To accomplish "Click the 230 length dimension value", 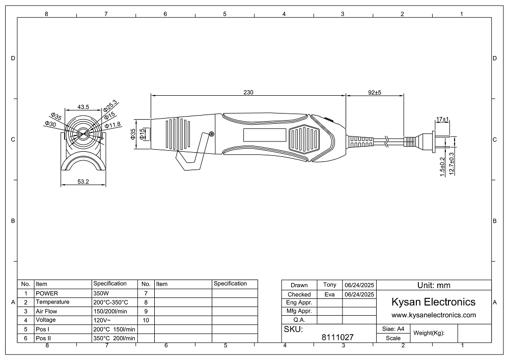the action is [x=248, y=93].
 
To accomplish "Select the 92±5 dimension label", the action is [x=375, y=93].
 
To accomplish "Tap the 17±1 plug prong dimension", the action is [x=442, y=120].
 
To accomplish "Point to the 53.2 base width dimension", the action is [x=83, y=181].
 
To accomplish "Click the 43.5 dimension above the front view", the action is [x=83, y=107].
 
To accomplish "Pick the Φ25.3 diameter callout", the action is [x=110, y=105].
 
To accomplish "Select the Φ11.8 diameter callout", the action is [x=112, y=125].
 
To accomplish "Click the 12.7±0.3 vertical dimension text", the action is [x=451, y=163].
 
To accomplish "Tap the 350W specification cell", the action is [x=101, y=293].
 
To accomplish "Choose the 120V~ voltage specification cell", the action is [x=102, y=320].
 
